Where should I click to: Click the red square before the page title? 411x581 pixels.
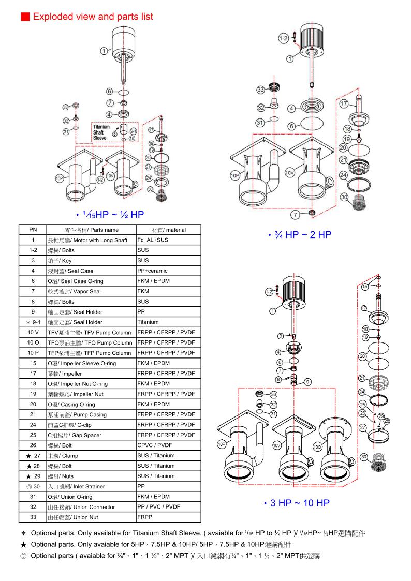coord(24,17)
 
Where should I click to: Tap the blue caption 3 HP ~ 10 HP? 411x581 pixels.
coord(296,502)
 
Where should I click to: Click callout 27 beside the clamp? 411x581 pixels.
coord(363,427)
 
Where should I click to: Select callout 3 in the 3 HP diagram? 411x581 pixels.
coord(280,336)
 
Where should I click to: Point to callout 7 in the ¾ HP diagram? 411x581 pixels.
coord(294,214)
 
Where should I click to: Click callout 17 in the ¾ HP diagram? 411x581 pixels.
coord(343,103)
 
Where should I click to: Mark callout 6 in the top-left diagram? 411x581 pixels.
coord(110,92)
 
